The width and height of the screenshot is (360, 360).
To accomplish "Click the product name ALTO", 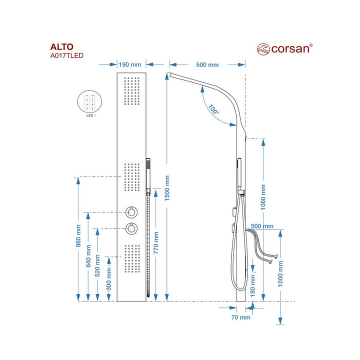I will [61, 47].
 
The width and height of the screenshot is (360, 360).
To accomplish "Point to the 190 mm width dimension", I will [130, 65].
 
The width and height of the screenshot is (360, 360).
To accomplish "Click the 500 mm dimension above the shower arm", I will [207, 65].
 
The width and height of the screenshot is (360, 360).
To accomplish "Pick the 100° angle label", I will [214, 108].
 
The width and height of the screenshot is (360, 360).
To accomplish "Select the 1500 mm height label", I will [167, 188].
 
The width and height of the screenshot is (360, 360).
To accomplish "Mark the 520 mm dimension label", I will [98, 266].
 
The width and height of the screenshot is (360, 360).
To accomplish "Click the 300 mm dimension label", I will [108, 279].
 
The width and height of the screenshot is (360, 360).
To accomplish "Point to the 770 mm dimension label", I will [156, 243].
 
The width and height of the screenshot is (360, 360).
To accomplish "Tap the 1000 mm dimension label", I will [281, 273].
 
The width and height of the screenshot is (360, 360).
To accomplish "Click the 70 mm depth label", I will [241, 317].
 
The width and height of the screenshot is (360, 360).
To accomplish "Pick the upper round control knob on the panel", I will [132, 212].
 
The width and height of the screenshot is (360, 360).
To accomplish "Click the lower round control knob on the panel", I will [132, 228].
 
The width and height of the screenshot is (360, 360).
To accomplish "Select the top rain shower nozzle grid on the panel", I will [132, 90].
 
